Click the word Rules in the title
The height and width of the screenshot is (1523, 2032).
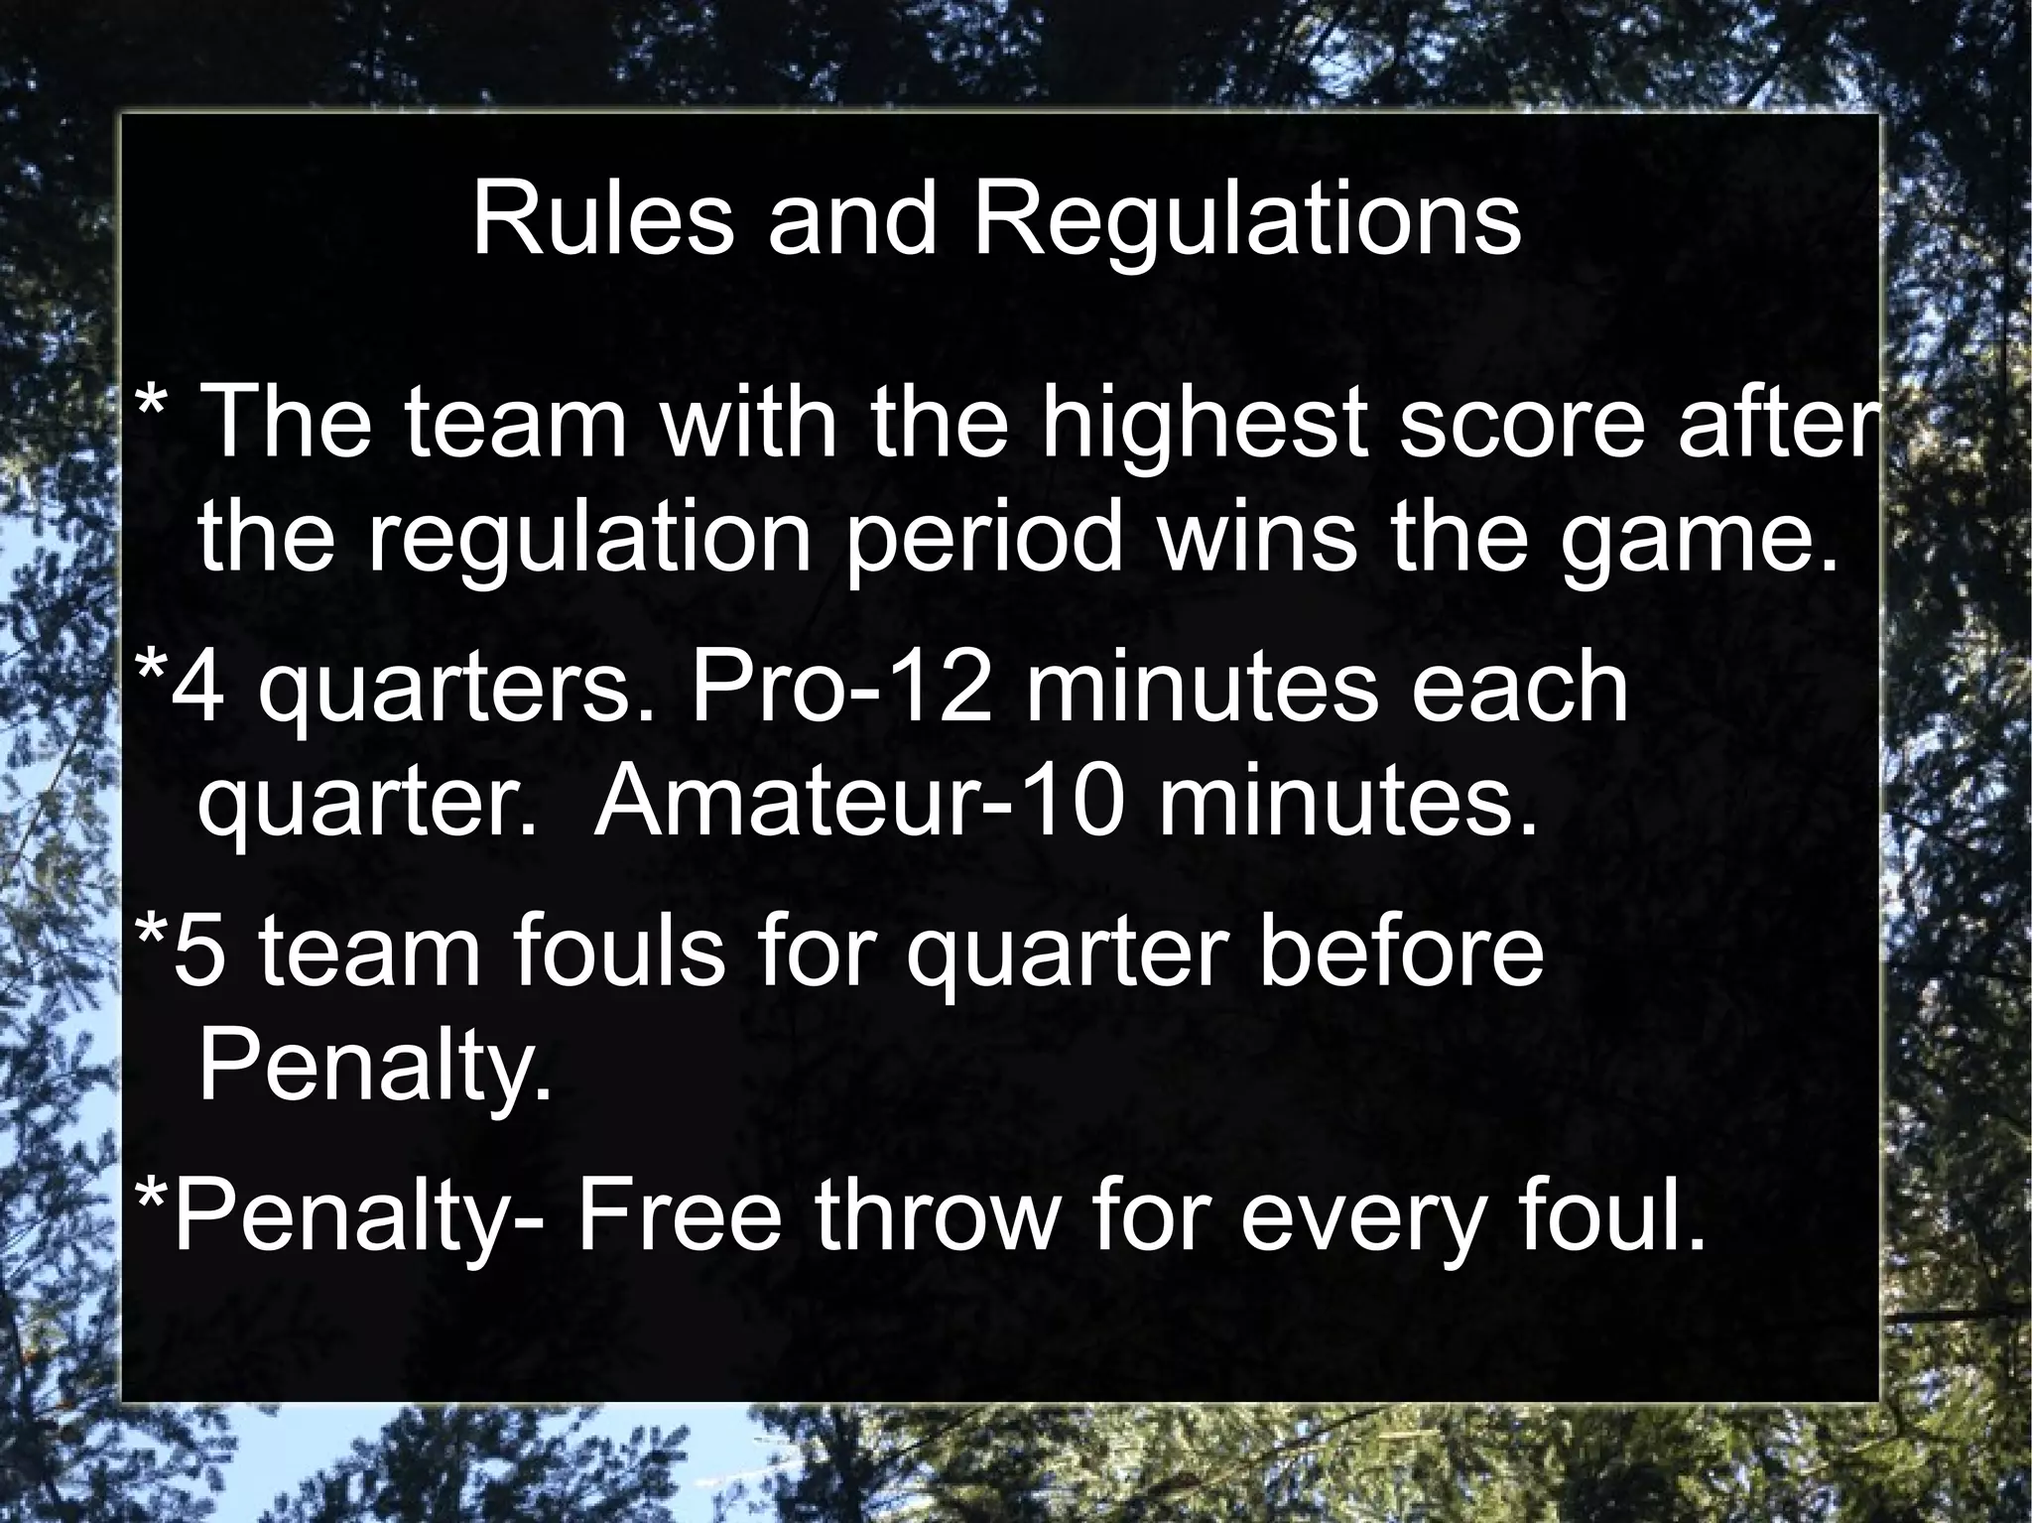pyautogui.click(x=602, y=219)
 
